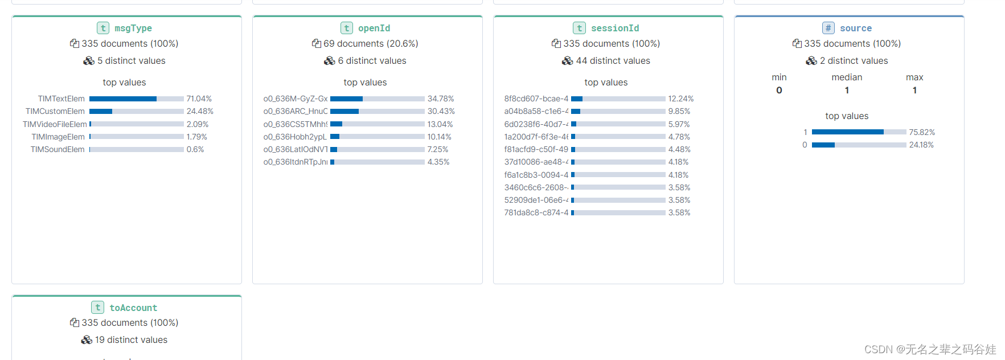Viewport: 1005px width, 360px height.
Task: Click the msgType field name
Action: click(x=133, y=28)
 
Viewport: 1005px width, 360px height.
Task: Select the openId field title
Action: click(x=374, y=28)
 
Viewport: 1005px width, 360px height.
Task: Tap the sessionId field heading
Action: click(x=614, y=28)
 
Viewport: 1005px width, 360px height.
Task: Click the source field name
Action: click(x=855, y=28)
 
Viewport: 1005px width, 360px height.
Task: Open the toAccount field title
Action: click(x=133, y=308)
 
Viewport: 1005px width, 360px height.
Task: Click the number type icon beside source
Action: click(x=828, y=28)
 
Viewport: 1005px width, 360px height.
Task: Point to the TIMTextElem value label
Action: click(x=61, y=99)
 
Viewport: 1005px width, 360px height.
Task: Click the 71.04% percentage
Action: click(x=199, y=99)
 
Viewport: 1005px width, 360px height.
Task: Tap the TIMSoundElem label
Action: click(x=57, y=149)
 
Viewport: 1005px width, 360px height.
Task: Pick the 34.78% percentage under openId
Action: click(x=441, y=99)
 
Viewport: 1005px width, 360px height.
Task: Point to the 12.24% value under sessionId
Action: click(x=680, y=99)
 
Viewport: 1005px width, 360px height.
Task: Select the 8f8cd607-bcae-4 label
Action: click(x=536, y=99)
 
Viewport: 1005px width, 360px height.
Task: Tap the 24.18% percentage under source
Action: click(x=921, y=145)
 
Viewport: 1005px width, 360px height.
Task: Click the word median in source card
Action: click(x=847, y=77)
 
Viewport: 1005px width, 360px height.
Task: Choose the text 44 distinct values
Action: click(x=613, y=60)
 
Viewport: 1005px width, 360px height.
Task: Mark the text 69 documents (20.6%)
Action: click(x=371, y=43)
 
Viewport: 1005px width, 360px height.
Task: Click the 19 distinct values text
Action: click(x=131, y=339)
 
